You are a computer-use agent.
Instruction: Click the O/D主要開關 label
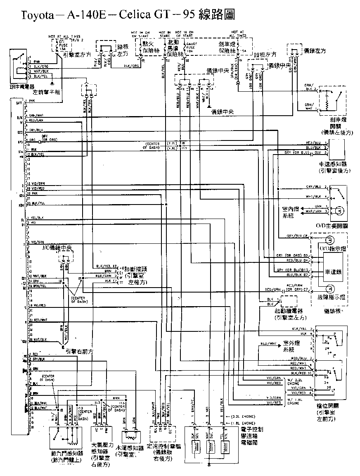click(x=334, y=226)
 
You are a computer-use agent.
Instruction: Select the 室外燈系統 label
click(x=291, y=346)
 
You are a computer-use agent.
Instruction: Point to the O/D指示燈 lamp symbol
click(x=329, y=240)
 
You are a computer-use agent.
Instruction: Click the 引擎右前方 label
click(x=77, y=351)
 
